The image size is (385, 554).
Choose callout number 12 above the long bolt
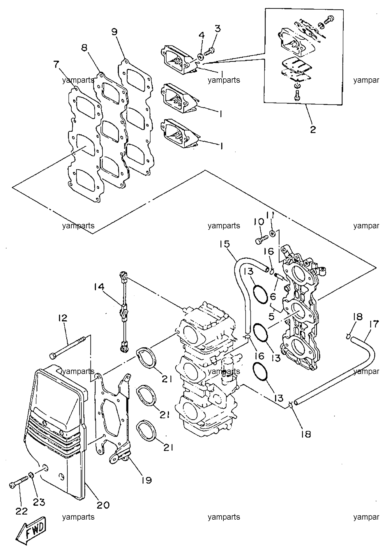click(62, 317)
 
